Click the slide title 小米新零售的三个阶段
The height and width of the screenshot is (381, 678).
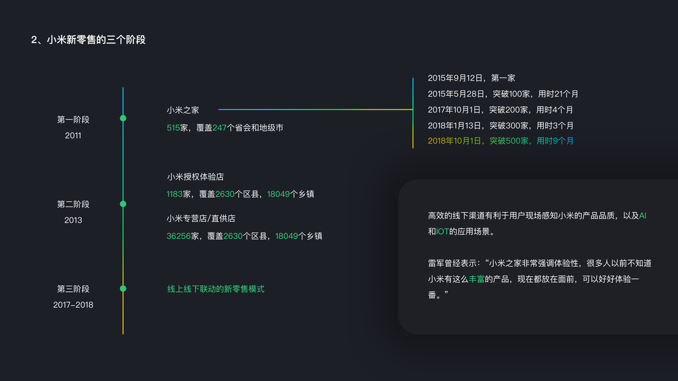point(88,39)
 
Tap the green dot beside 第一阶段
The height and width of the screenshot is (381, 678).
point(123,118)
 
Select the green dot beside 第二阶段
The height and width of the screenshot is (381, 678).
point(123,204)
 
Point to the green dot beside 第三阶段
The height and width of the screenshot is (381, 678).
point(123,288)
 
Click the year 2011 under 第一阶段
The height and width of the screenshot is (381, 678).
point(73,135)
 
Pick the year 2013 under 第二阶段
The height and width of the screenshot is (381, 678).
point(73,220)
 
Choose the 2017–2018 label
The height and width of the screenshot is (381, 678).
point(73,305)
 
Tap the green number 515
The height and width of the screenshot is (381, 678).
point(173,128)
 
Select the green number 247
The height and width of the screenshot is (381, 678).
point(220,128)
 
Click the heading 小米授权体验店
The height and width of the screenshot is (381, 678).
point(195,177)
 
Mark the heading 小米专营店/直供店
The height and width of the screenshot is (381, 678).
point(201,218)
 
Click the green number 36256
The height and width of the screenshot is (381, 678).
point(179,236)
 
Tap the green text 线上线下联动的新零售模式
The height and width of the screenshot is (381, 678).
point(215,289)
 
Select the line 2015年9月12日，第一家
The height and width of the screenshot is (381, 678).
point(471,78)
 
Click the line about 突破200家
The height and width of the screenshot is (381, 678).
point(500,110)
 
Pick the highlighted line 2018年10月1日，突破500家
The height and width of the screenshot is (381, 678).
point(501,141)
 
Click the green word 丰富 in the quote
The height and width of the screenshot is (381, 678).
point(477,279)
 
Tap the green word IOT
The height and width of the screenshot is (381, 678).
point(443,232)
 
